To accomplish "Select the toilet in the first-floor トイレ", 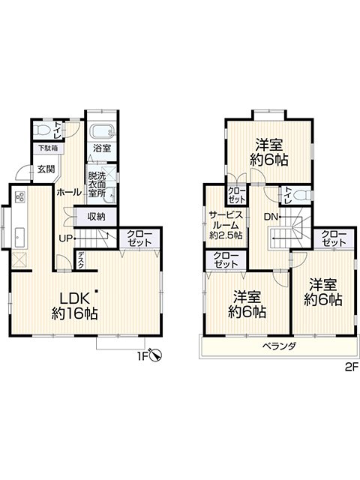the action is pos(42,130).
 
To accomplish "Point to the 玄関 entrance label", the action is pos(46,169).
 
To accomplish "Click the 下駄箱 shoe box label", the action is pos(48,148).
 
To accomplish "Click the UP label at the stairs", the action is pos(65,238).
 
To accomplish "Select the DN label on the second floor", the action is pos(271,217).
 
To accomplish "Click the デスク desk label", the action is pos(81,260).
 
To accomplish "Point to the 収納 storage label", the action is pos(97,217).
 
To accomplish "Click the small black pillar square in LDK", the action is pos(97,291).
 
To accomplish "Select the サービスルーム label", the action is pos(226,220).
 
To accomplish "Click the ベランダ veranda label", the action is pos(280,346).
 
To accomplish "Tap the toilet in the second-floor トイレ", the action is pos(303,195).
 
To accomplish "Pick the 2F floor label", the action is pos(351,366).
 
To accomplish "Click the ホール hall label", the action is pos(69,192).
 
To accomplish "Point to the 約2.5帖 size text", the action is pos(226,235).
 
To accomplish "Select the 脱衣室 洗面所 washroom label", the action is pos(97,184).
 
